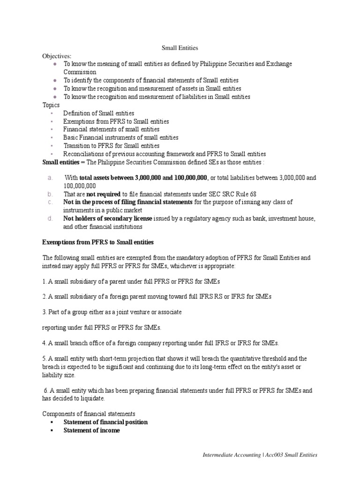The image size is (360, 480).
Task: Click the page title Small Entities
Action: coord(180,47)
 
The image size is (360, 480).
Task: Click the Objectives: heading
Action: coord(57,56)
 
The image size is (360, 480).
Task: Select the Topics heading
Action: coord(51,105)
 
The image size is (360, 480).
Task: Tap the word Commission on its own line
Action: coord(80,72)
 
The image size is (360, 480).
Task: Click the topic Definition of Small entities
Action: coord(98,113)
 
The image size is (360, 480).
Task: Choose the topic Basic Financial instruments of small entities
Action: coord(120,137)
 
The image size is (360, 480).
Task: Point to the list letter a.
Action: coord(49,178)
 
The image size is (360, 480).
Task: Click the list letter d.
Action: coord(49,218)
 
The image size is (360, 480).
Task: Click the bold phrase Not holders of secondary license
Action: coord(107,218)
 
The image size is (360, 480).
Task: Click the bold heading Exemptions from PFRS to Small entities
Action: coord(98,242)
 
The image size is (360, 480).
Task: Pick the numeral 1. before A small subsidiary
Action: coord(45,281)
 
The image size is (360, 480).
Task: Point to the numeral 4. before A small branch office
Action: coord(45,343)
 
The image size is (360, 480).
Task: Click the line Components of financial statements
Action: coord(89,414)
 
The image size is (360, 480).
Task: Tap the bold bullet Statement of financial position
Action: coord(105,422)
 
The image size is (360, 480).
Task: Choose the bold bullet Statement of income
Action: coord(91,430)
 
